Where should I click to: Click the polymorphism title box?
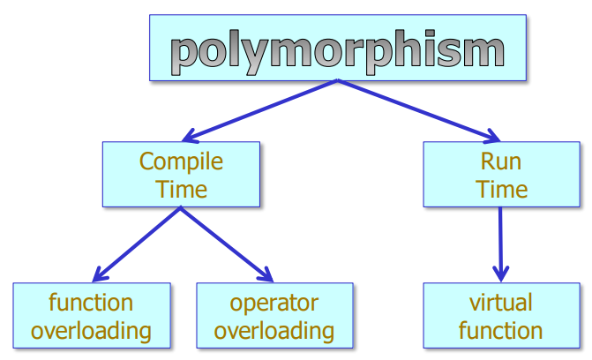tap(338, 48)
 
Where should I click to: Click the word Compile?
tap(181, 161)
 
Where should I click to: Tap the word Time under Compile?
tap(182, 189)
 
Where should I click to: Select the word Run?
tap(501, 161)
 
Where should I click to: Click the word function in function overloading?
tap(91, 303)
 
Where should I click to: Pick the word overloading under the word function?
tap(91, 331)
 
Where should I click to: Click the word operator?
tap(274, 303)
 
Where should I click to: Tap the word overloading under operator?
tap(274, 331)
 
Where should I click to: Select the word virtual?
tap(501, 303)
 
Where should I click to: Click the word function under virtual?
tap(501, 331)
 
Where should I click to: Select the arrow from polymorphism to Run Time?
tap(415, 110)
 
